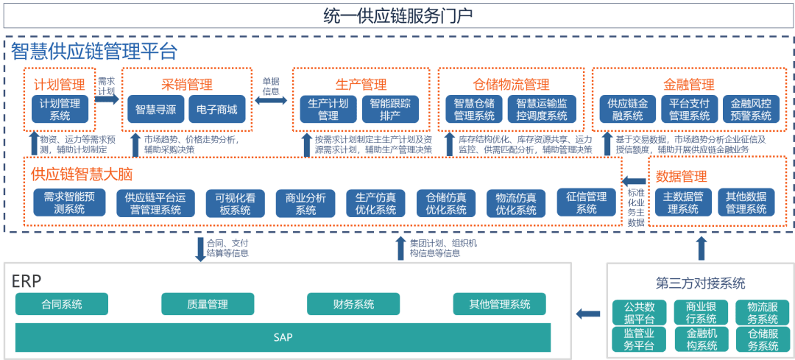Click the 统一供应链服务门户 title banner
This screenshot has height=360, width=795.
(397, 15)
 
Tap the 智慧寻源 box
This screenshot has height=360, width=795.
(155, 109)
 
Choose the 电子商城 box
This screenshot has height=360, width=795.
(216, 109)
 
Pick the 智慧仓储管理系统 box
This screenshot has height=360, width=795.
(474, 109)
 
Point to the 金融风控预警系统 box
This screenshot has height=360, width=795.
(751, 109)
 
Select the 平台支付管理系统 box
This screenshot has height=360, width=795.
(689, 109)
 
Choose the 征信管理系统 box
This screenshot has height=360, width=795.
(586, 203)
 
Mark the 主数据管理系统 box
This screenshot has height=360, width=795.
(683, 203)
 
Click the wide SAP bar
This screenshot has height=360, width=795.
(283, 337)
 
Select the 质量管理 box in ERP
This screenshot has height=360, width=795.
(208, 304)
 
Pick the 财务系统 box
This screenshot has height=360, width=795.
(353, 304)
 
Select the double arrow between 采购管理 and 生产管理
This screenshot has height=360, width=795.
(272, 99)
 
